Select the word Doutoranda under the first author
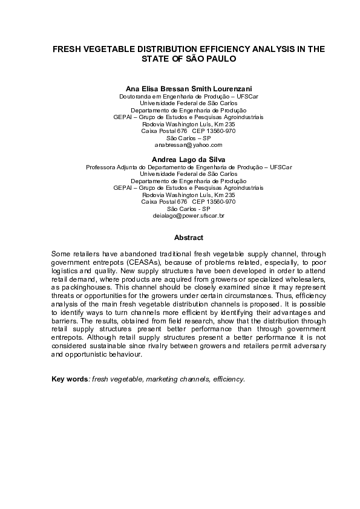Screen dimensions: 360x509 click(x=137, y=96)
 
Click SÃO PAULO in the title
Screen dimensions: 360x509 click(x=210, y=60)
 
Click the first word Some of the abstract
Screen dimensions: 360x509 click(x=61, y=256)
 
